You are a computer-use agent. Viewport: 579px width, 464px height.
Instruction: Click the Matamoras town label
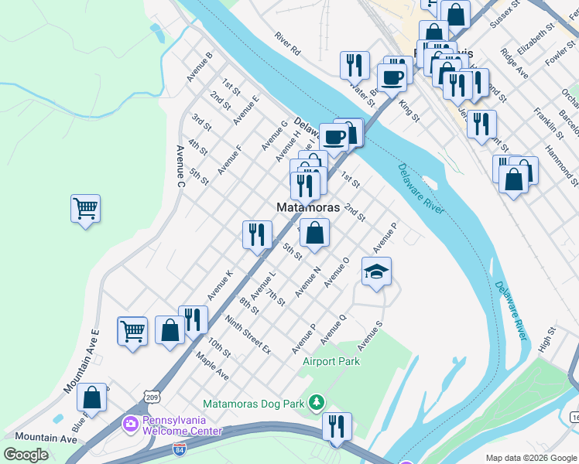click(308, 207)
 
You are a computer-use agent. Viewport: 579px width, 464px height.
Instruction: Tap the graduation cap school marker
click(376, 272)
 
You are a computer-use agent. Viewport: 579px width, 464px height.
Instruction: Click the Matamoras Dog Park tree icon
click(316, 402)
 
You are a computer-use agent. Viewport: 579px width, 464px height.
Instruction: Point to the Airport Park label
click(331, 361)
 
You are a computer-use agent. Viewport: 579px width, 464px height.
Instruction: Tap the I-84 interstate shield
click(180, 448)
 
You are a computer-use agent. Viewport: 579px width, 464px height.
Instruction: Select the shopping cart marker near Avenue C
click(85, 209)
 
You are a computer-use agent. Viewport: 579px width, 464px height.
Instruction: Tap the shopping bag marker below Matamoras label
click(314, 234)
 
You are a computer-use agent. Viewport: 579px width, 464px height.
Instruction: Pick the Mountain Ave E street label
click(82, 360)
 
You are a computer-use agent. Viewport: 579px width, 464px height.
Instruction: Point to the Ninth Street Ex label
click(248, 334)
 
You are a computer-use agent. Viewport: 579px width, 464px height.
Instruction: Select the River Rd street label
click(286, 44)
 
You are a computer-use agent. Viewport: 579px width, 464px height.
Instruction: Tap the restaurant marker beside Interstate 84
click(337, 426)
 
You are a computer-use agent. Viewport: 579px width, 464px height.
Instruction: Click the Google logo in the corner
click(26, 454)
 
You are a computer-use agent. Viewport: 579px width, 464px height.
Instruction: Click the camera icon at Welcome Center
click(129, 424)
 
